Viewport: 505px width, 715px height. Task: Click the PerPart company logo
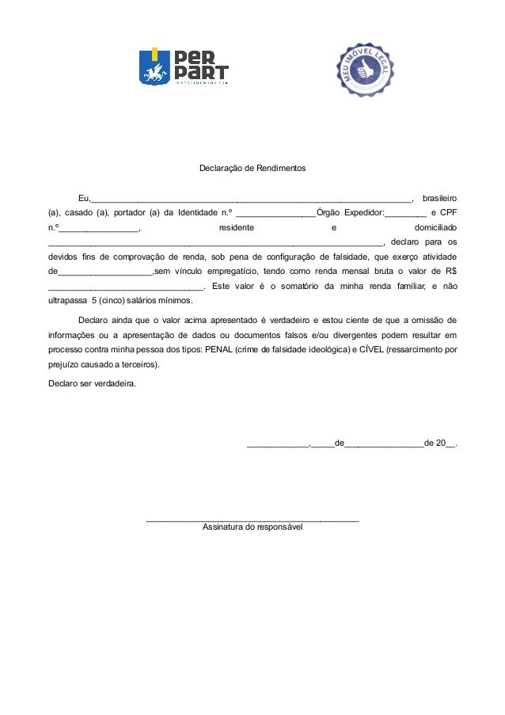184,67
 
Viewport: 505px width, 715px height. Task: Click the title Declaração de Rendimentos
252,169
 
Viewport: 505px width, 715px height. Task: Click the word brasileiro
439,197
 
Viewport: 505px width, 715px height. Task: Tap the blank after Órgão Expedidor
405,215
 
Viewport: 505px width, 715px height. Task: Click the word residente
237,227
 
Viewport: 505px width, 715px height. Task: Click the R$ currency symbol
451,272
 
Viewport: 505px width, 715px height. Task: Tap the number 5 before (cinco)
94,302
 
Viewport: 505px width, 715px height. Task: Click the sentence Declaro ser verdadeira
92,383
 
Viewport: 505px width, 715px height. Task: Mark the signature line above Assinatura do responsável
252,520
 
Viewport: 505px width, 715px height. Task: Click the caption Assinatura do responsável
252,527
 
